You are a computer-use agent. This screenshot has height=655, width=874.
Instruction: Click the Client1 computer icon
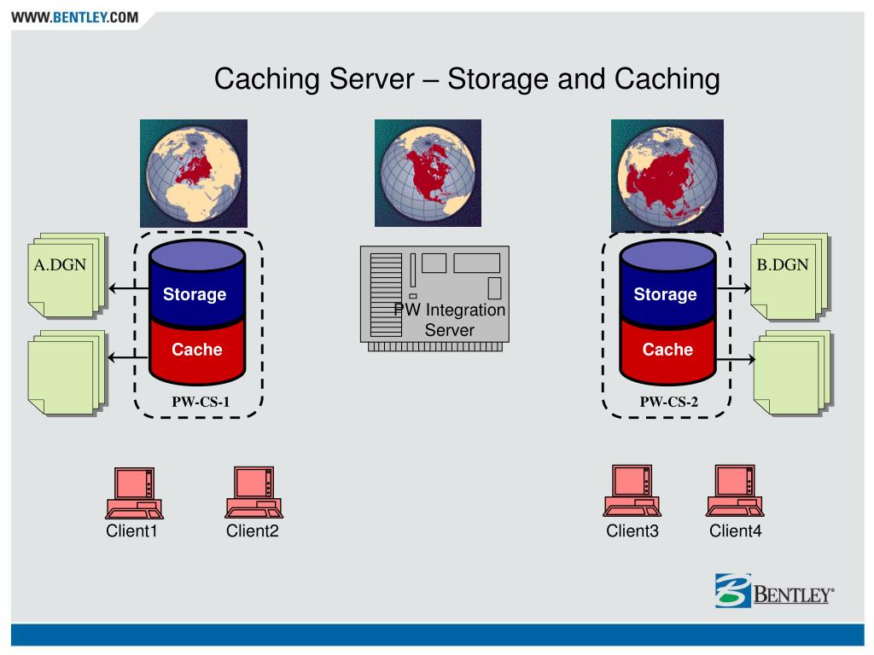click(x=133, y=493)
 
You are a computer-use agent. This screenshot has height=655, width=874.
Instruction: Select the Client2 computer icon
click(x=253, y=493)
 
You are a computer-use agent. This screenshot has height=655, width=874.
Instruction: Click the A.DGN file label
click(x=60, y=264)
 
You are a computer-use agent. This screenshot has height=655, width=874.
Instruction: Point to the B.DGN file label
click(x=782, y=264)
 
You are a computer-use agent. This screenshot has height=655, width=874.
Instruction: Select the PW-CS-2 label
click(x=669, y=402)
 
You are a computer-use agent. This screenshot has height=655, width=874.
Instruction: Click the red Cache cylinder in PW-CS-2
click(x=667, y=351)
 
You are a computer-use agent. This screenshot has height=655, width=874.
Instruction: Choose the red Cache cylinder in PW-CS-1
click(x=196, y=351)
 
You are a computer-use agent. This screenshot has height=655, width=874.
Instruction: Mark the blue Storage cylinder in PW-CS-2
click(x=666, y=290)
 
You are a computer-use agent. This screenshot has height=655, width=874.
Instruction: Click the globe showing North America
click(x=428, y=173)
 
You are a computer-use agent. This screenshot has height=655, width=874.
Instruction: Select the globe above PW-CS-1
click(x=194, y=173)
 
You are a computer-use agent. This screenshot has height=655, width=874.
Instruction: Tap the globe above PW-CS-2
click(x=667, y=173)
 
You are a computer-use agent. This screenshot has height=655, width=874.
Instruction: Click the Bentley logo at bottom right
click(x=774, y=592)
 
